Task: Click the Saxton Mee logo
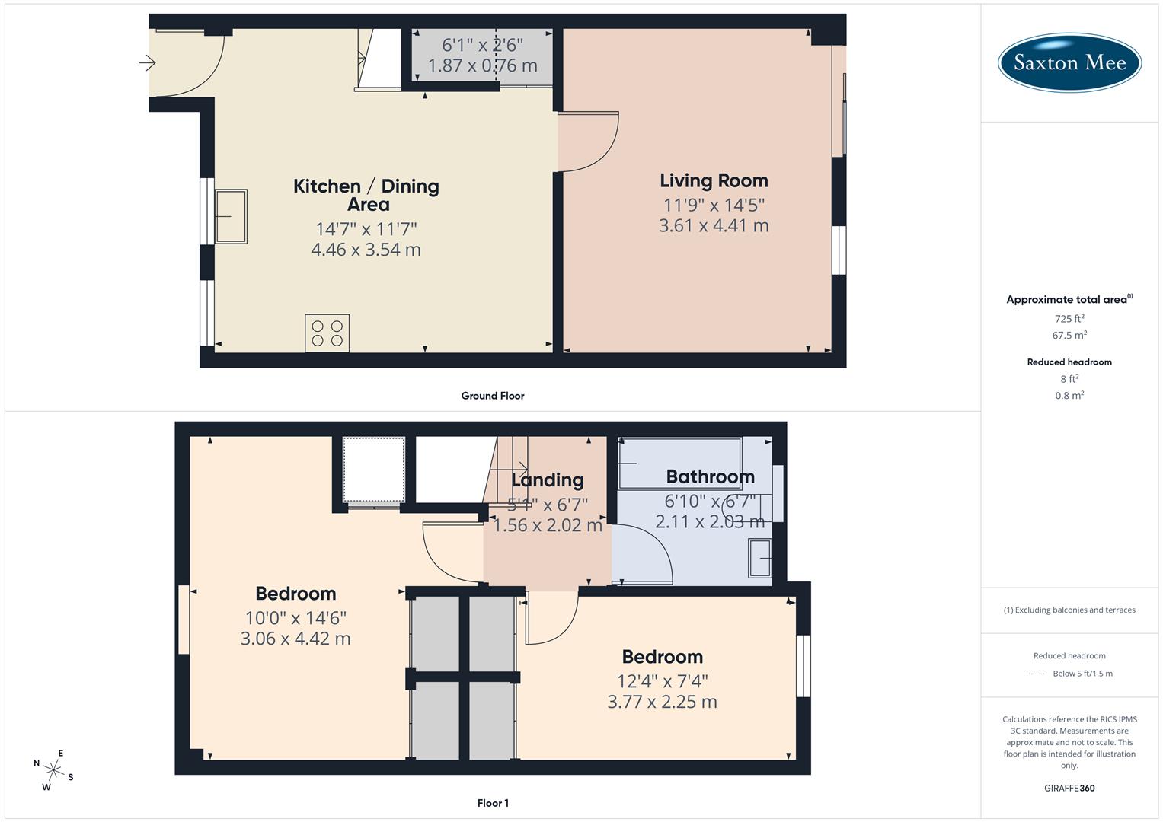coord(1069,62)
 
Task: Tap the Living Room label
coord(714,181)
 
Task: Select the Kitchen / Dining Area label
coord(366,195)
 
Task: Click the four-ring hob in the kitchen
coord(327,333)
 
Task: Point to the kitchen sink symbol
coord(231,217)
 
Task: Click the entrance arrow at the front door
coord(148,63)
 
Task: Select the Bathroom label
coord(710,477)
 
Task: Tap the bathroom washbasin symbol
coord(760,559)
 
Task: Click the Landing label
coord(547,480)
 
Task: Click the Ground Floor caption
coord(493,396)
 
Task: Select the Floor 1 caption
coord(493,803)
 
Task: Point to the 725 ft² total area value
coord(1069,319)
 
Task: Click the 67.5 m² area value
coord(1069,335)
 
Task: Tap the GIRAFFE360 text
coord(1069,788)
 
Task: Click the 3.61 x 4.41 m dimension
coord(714,226)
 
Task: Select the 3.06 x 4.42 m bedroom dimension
coord(296,639)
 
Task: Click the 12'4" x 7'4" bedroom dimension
coord(662,681)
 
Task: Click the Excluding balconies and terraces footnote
coord(1069,610)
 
